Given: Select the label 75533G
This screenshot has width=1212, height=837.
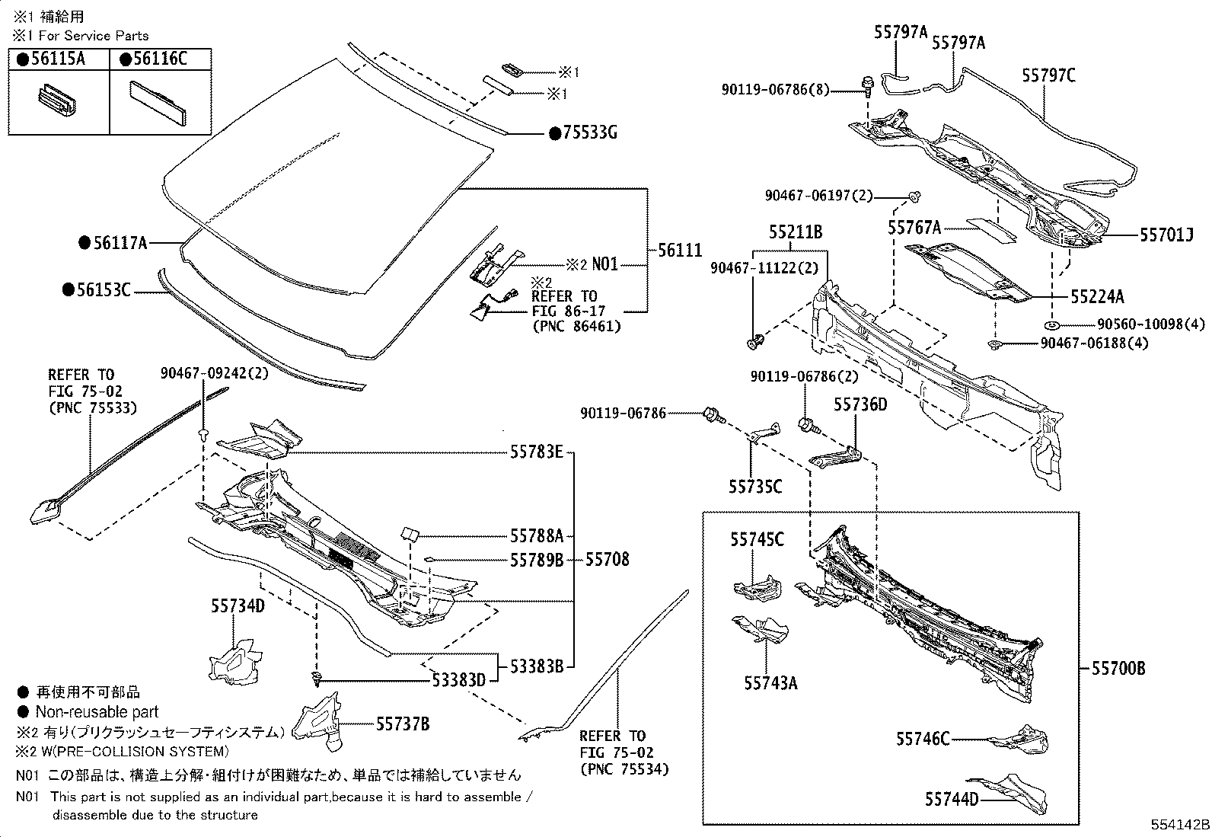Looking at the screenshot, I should click(x=588, y=134).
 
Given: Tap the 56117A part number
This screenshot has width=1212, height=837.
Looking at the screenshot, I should click(x=120, y=244).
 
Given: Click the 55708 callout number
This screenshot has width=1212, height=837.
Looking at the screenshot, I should click(x=607, y=560).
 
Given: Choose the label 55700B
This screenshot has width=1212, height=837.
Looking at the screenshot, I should click(x=1118, y=669).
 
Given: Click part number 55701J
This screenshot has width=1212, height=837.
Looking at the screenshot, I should click(x=1166, y=236).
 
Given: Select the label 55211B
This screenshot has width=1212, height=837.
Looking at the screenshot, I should click(x=795, y=232).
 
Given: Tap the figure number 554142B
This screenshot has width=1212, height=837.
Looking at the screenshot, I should click(x=1179, y=826).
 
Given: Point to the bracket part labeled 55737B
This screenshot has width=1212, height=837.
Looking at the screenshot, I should click(x=320, y=720).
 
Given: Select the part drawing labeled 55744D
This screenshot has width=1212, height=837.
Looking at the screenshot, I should click(x=1013, y=794).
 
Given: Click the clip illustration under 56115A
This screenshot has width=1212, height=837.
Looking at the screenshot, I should click(x=58, y=102).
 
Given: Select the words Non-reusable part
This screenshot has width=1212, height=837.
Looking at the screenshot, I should click(x=97, y=712).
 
